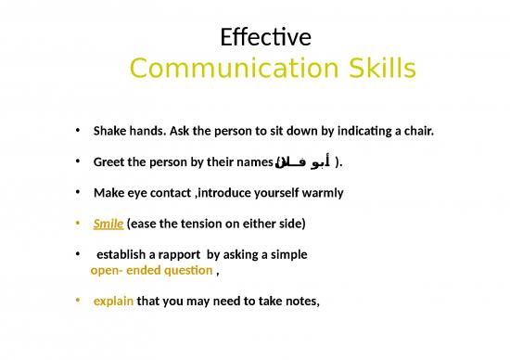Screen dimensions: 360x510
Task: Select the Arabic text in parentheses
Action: pos(303,162)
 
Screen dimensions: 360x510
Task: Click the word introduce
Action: pos(225,193)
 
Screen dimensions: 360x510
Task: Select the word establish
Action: pos(122,255)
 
